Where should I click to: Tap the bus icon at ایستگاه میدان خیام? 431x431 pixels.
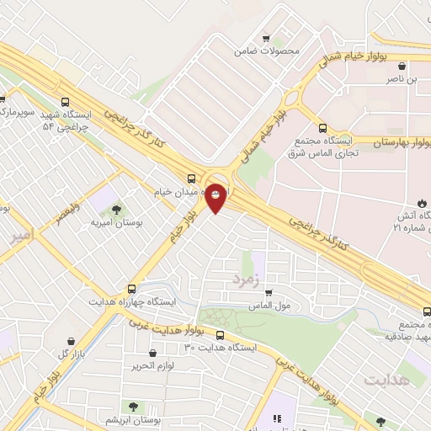pos(192,178)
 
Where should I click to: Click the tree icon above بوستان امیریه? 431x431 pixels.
pos(116,209)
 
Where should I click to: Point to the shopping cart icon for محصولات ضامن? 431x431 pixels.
pos(267,39)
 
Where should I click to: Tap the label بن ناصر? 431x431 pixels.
pos(402,79)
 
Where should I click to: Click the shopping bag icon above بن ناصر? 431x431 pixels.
pos(402,66)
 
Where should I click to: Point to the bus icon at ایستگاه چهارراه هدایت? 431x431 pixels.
pos(130,288)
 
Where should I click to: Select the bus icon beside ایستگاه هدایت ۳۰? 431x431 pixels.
pos(220,335)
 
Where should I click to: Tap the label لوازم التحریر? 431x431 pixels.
pos(152,367)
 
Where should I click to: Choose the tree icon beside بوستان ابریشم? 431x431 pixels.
pos(133,407)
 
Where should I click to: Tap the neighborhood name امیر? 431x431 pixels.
pos(21,237)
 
